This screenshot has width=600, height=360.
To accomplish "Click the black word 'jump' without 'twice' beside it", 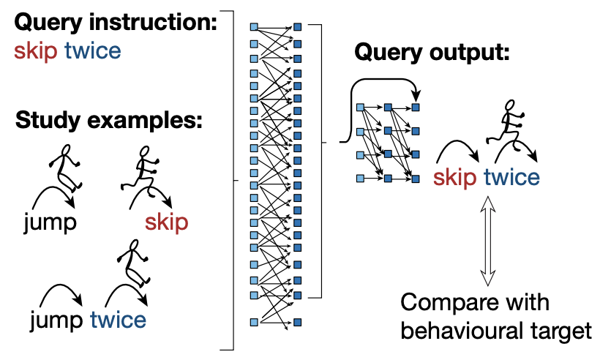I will click(x=50, y=222).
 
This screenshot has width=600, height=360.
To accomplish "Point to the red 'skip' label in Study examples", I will click(x=166, y=222).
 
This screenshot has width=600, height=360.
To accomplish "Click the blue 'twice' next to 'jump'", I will click(x=118, y=320).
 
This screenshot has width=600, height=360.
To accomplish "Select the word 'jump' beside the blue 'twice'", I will click(x=57, y=320).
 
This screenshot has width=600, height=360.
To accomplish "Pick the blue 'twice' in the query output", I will click(x=511, y=177).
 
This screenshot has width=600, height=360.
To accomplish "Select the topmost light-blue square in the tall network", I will click(x=254, y=27).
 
